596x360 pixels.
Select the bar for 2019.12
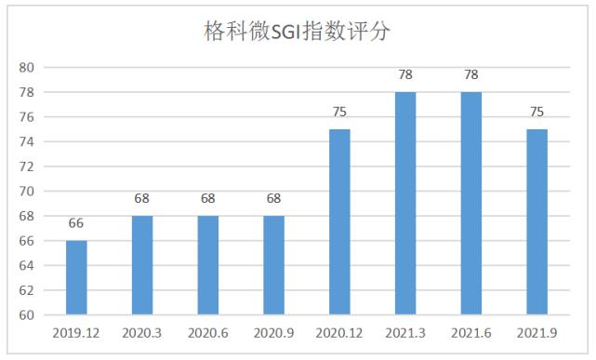(76, 277)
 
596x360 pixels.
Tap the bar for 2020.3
(142, 265)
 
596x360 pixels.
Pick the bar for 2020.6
(208, 265)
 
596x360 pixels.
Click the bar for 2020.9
(274, 265)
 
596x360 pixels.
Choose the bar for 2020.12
(340, 221)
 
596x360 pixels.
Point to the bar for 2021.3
(405, 203)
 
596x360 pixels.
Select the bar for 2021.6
(471, 203)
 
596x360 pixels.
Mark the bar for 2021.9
(537, 221)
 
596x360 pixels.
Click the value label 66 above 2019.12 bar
(76, 223)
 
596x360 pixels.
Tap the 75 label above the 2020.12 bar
(340, 112)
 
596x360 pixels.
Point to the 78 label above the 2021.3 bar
(405, 74)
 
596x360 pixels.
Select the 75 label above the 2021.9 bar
(537, 112)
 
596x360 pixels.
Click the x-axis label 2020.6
(208, 332)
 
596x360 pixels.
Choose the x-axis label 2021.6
(471, 332)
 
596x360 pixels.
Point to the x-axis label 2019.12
(76, 332)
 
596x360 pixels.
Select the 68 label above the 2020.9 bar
(274, 198)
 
